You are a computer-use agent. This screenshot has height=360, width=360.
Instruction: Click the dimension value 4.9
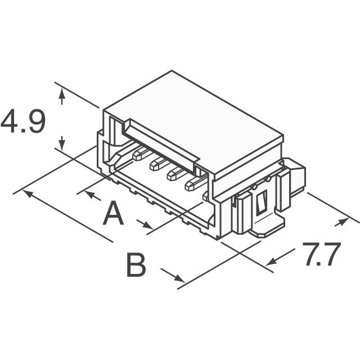click(22, 123)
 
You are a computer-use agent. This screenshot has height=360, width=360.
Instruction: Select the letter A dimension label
click(113, 214)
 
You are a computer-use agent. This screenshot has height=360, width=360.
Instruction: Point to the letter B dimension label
click(136, 265)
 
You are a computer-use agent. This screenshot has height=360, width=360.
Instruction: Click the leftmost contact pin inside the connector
click(139, 152)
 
